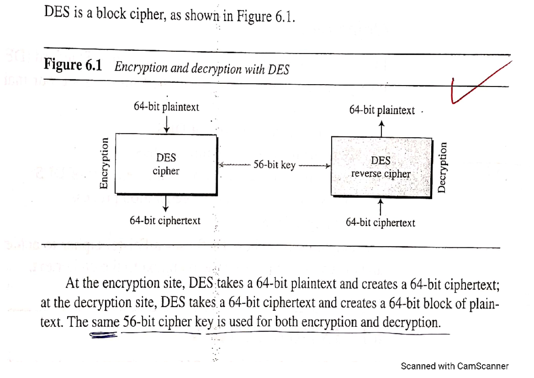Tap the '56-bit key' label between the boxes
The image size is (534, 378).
(x=274, y=165)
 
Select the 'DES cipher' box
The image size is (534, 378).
(x=166, y=164)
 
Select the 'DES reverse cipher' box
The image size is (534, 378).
(x=381, y=167)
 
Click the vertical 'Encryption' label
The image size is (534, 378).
(x=104, y=163)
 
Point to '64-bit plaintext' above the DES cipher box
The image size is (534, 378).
(x=166, y=107)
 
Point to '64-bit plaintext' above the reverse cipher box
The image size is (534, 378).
(x=382, y=110)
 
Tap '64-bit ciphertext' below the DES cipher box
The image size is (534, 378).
(x=165, y=220)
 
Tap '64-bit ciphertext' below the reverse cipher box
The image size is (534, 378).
(x=380, y=222)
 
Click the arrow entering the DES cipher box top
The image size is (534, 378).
(x=166, y=123)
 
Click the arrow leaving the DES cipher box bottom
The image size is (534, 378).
(x=166, y=203)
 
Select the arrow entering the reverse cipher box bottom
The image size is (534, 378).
(x=380, y=206)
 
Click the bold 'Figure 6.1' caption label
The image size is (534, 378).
(x=73, y=66)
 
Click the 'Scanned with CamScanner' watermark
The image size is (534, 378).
(x=454, y=366)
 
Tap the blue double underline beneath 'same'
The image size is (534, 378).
(x=104, y=337)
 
